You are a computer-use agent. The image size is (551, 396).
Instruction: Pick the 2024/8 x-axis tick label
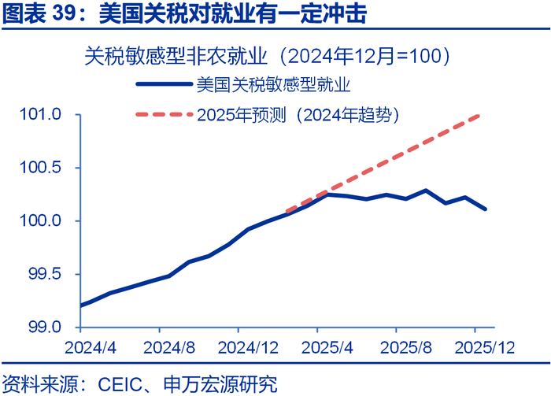[167, 347]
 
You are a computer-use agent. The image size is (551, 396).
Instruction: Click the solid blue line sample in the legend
[164, 83]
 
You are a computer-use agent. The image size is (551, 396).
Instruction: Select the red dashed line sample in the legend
[164, 115]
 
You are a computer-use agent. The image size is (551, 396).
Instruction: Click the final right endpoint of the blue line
[486, 209]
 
